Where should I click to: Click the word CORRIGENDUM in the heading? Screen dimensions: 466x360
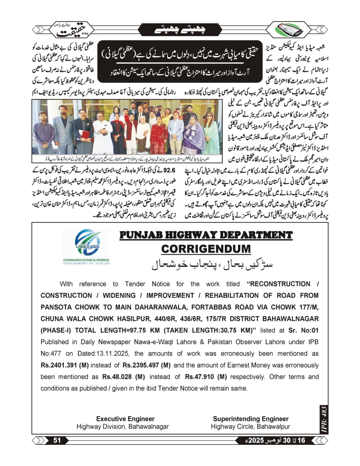pyautogui.click(x=206, y=249)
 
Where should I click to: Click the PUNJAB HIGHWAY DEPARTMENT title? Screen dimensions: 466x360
pyautogui.click(x=206, y=235)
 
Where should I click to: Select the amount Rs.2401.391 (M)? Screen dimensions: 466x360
pyautogui.click(x=65, y=365)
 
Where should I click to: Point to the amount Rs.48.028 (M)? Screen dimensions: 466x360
pyautogui.click(x=123, y=377)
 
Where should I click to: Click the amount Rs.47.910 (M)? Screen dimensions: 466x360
pyautogui.click(x=206, y=377)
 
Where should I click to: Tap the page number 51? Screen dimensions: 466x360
pyautogui.click(x=57, y=440)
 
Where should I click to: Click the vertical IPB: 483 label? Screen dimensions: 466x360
pyautogui.click(x=324, y=419)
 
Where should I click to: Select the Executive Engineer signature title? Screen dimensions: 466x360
pyautogui.click(x=125, y=419)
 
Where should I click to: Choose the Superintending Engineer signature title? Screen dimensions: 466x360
pyautogui.click(x=250, y=419)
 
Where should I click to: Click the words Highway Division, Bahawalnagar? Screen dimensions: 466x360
pyautogui.click(x=123, y=427)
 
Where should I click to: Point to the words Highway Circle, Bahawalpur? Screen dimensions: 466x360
pyautogui.click(x=250, y=427)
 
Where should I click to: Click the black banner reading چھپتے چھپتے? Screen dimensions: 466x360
pyautogui.click(x=180, y=29)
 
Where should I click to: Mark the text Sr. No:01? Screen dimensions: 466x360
pyautogui.click(x=303, y=330)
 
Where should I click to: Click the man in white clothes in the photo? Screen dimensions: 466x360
pyautogui.click(x=102, y=133)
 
